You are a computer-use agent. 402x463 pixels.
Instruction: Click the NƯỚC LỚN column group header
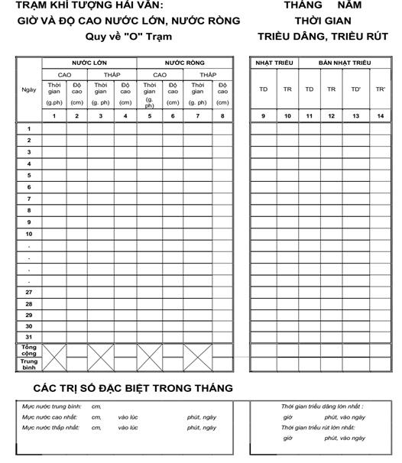click(x=89, y=62)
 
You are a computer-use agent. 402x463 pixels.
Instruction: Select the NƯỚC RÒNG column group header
click(x=184, y=62)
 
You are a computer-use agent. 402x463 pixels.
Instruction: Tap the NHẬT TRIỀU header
click(x=275, y=62)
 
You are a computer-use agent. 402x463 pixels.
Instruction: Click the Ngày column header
click(x=29, y=89)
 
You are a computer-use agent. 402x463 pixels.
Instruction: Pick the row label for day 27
click(x=29, y=292)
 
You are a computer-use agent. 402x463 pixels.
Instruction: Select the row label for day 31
click(x=29, y=337)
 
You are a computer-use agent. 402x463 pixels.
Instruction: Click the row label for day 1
click(x=29, y=129)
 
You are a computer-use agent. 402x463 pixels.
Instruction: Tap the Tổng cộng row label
click(x=29, y=351)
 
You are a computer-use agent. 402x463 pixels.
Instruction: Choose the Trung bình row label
click(x=29, y=364)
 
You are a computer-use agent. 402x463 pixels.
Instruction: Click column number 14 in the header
click(x=381, y=116)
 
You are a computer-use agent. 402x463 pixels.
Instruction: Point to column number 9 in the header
click(x=263, y=116)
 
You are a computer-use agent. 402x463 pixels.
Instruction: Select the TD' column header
click(x=356, y=89)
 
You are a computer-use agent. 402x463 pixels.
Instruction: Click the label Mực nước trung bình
click(x=52, y=406)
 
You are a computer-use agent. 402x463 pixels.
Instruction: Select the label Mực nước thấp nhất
click(x=52, y=428)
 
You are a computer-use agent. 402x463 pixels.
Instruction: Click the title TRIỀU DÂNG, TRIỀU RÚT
click(x=323, y=36)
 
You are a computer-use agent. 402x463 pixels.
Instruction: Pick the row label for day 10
click(x=29, y=234)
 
